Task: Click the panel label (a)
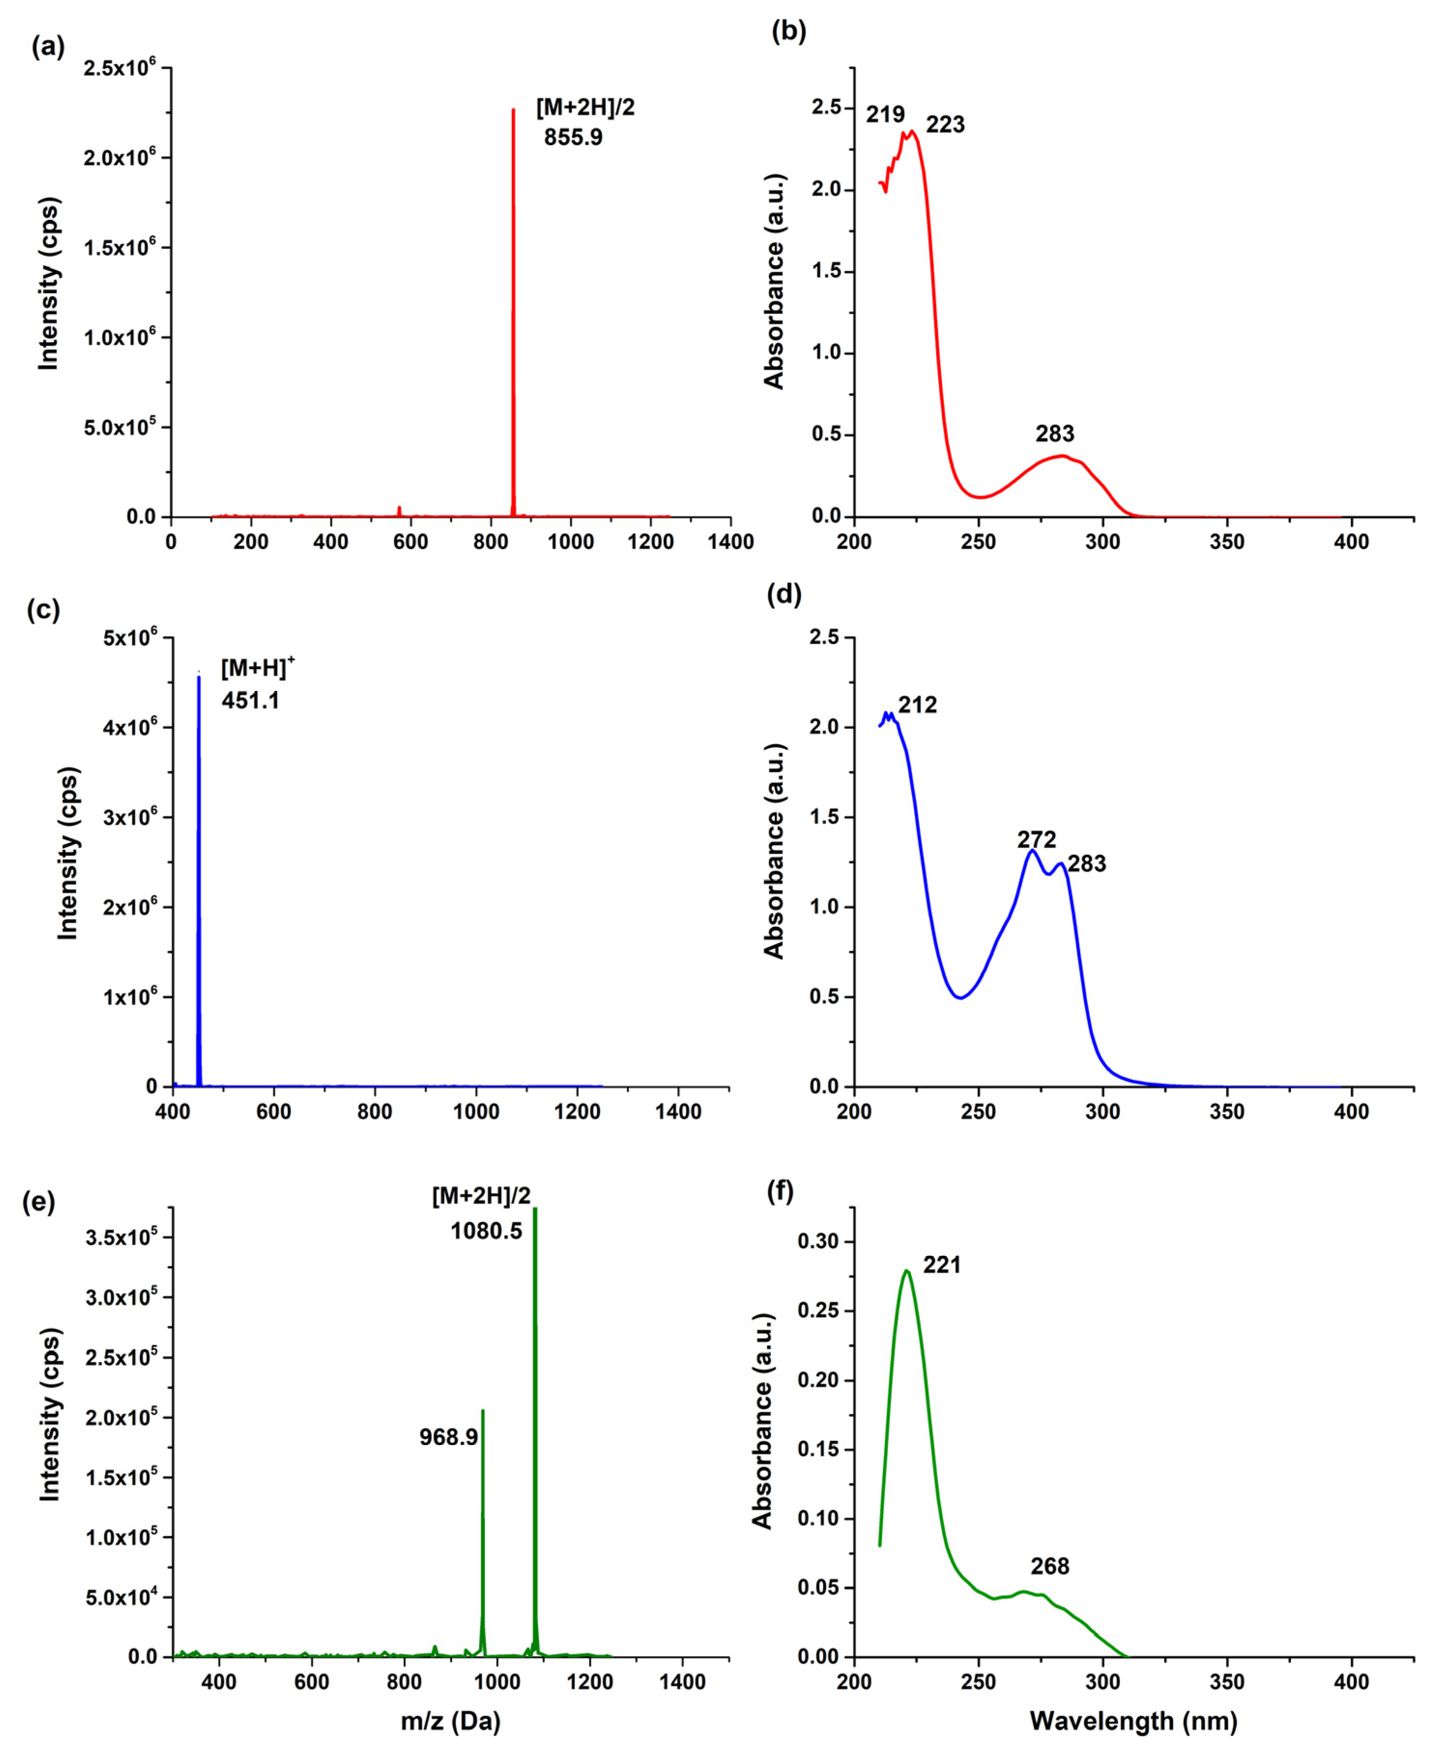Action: pyautogui.click(x=47, y=47)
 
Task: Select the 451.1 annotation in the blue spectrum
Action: pyautogui.click(x=250, y=700)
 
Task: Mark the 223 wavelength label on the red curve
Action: pyautogui.click(x=945, y=125)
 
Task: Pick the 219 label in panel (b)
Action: pyautogui.click(x=884, y=114)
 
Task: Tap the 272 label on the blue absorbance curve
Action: pyautogui.click(x=1035, y=839)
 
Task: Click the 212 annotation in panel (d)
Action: pyautogui.click(x=917, y=705)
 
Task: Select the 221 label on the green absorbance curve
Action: pyautogui.click(x=942, y=1264)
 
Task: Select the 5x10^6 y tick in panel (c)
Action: pyautogui.click(x=127, y=638)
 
